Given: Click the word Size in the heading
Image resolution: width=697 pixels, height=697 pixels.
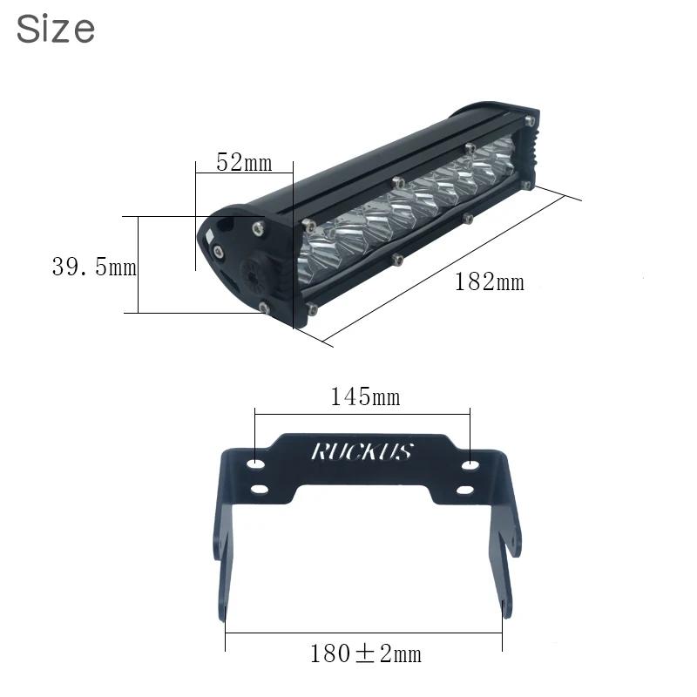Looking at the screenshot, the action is click(x=56, y=29).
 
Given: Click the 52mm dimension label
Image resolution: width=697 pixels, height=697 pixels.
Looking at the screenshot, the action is click(x=244, y=162).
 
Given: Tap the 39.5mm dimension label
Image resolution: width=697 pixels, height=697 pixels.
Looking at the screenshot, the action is click(x=94, y=267).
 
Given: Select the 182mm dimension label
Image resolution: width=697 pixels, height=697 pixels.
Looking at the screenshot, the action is click(x=490, y=281).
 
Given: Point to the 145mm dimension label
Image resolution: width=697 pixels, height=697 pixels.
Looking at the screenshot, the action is click(x=365, y=396).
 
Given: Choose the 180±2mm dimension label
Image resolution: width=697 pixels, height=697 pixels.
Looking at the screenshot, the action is click(x=365, y=654).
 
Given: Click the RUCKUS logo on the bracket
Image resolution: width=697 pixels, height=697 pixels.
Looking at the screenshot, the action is click(x=362, y=451).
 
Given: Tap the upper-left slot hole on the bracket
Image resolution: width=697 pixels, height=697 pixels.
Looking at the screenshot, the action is click(x=256, y=464).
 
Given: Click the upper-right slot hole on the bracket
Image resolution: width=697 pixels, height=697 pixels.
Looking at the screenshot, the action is click(x=470, y=465).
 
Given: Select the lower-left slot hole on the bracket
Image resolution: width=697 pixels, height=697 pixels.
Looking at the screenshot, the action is click(x=260, y=490).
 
